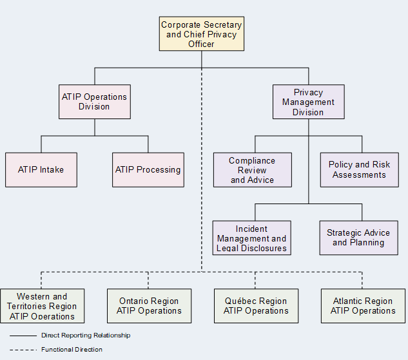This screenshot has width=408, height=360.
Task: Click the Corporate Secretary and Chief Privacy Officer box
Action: point(202,34)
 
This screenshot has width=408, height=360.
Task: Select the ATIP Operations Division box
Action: point(95,102)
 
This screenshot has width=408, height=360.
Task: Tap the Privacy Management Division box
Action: point(308,102)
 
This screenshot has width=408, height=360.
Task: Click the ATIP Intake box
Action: point(41,170)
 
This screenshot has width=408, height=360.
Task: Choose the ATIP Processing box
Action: point(148,170)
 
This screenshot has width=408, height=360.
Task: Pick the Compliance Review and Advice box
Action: point(253,170)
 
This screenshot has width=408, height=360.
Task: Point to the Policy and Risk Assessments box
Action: point(359,170)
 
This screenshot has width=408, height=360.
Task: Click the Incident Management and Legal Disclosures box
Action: point(252,238)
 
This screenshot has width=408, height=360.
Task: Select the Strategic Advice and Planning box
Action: point(358,238)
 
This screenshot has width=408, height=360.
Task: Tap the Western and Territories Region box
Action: point(42,306)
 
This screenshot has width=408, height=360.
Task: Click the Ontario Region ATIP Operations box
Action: point(149,306)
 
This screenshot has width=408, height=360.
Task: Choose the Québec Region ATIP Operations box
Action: point(256,306)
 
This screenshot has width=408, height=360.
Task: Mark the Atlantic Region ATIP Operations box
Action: point(363,306)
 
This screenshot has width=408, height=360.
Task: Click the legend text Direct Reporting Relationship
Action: point(85,336)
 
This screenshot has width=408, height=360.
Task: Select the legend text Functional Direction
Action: point(72,350)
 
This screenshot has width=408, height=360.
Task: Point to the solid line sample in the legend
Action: point(23,336)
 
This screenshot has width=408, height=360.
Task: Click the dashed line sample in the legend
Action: point(23,350)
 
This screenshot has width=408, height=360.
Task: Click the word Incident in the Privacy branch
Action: point(251,229)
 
